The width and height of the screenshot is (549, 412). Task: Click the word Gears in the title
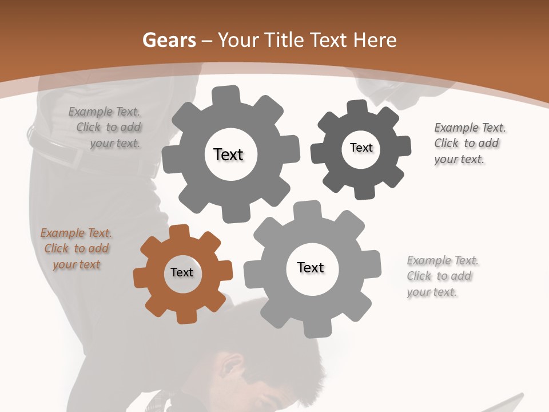169,41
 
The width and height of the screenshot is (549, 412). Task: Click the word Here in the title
375,41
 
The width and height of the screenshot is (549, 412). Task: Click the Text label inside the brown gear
182,273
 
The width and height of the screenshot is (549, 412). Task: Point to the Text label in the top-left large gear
228,154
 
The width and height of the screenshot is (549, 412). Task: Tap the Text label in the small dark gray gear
361,148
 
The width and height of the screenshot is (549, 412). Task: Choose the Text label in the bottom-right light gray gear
311,267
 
